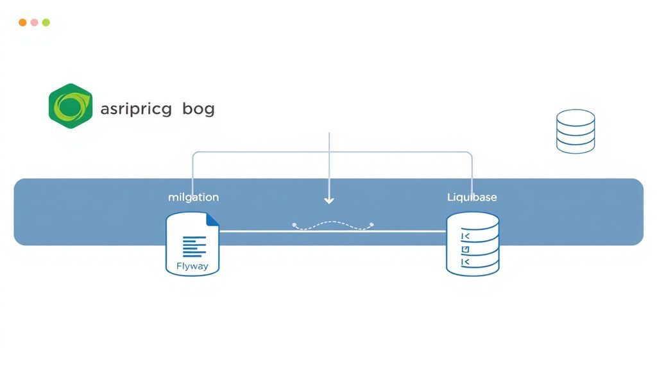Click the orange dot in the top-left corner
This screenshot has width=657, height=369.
(22, 22)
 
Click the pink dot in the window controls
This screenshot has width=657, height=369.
(34, 22)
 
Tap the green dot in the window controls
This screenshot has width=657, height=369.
(46, 22)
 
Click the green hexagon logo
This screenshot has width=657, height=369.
(70, 106)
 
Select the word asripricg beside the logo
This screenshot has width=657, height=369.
(136, 109)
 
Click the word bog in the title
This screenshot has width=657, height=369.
(198, 109)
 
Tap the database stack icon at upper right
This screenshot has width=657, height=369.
(575, 131)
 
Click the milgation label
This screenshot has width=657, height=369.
(193, 197)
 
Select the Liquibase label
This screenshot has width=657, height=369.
(472, 197)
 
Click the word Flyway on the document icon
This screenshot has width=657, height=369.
(192, 265)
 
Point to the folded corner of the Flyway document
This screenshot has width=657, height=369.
(212, 220)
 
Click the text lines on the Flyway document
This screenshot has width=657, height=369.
(194, 246)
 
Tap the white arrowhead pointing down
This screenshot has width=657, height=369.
(329, 201)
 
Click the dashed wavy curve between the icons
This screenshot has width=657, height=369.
(332, 226)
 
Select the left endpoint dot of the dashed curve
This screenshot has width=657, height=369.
(294, 225)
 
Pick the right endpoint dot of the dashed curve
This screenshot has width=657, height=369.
(371, 225)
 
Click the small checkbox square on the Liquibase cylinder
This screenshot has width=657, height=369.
(466, 249)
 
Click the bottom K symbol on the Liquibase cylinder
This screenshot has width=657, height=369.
(466, 263)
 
